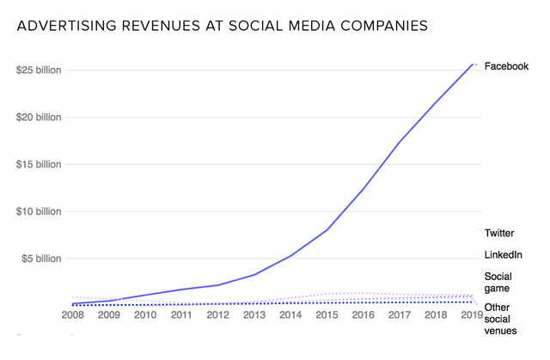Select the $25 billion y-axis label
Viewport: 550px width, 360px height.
point(39,70)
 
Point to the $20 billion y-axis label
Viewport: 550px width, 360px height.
point(39,118)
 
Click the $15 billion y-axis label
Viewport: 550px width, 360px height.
point(39,164)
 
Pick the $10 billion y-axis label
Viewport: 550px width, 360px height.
point(39,211)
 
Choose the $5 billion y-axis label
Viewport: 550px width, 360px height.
point(41,259)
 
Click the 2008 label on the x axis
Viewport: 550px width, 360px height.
point(73,315)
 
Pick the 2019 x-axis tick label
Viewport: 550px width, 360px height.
point(472,315)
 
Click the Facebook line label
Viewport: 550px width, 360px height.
point(506,66)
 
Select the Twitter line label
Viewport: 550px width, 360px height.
point(499,233)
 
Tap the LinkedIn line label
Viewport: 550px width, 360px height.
point(503,255)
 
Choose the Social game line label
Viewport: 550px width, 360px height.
point(498,283)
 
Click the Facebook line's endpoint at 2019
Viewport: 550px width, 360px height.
point(474,63)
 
